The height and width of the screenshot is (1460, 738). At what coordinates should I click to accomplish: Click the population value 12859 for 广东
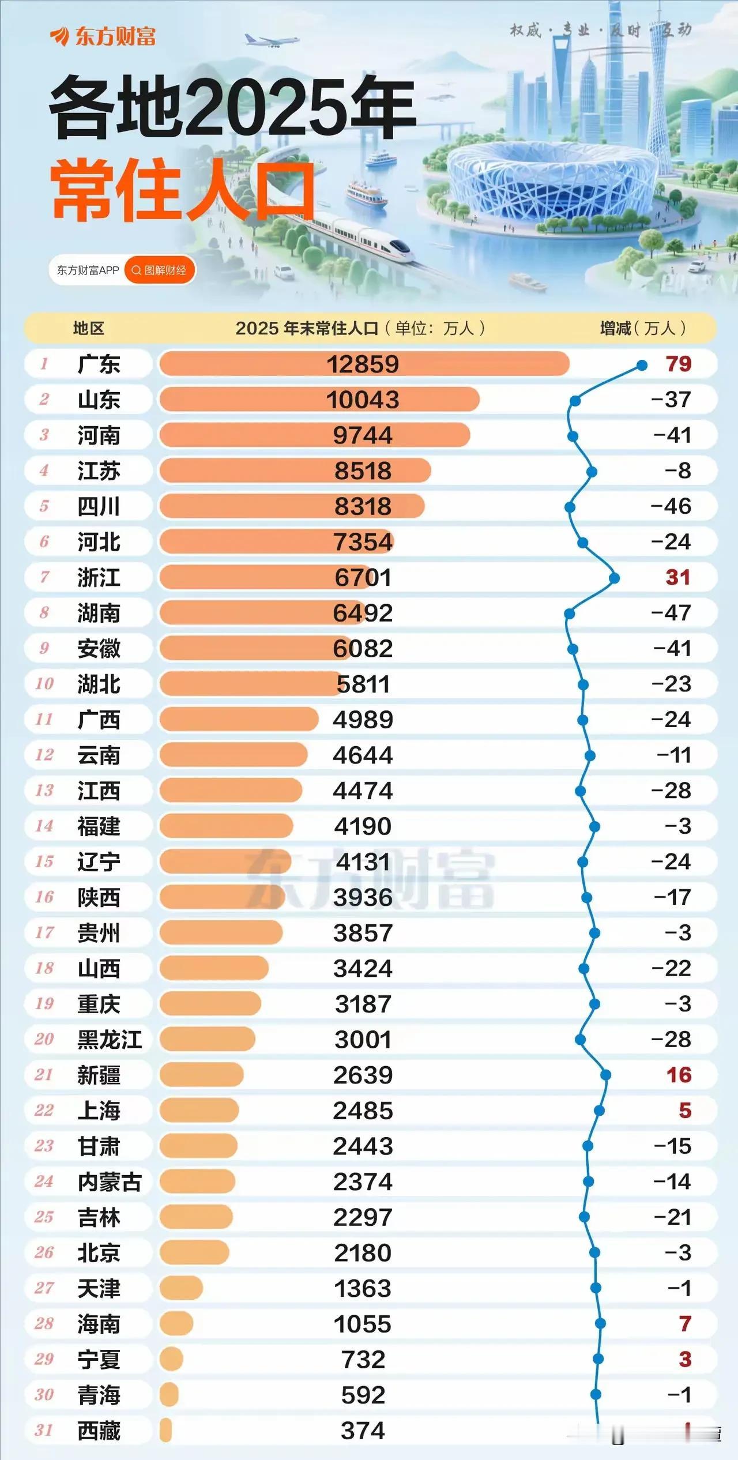tap(363, 364)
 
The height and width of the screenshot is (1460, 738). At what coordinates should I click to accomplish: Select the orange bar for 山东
tap(319, 400)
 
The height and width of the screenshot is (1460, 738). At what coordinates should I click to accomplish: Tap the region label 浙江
tap(99, 577)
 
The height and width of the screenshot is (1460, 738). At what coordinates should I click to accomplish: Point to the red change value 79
tap(678, 364)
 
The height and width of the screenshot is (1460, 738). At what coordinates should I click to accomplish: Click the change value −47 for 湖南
tap(671, 613)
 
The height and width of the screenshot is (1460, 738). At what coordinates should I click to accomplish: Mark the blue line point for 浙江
tap(615, 578)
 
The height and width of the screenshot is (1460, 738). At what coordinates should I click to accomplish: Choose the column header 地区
tap(88, 329)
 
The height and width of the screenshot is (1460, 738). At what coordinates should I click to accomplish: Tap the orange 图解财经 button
tap(160, 270)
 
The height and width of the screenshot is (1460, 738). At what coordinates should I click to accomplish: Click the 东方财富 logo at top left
tap(104, 37)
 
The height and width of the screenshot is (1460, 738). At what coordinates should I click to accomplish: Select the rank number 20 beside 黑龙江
tap(44, 1039)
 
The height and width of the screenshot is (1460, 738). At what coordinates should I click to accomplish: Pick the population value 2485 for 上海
tap(363, 1111)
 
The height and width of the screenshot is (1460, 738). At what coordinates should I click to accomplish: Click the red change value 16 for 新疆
tap(679, 1075)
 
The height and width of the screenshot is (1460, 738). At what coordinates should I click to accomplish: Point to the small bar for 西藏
tap(166, 1430)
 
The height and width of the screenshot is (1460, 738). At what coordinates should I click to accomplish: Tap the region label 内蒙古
tap(110, 1181)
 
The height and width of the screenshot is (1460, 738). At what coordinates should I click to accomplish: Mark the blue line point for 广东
tap(642, 365)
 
